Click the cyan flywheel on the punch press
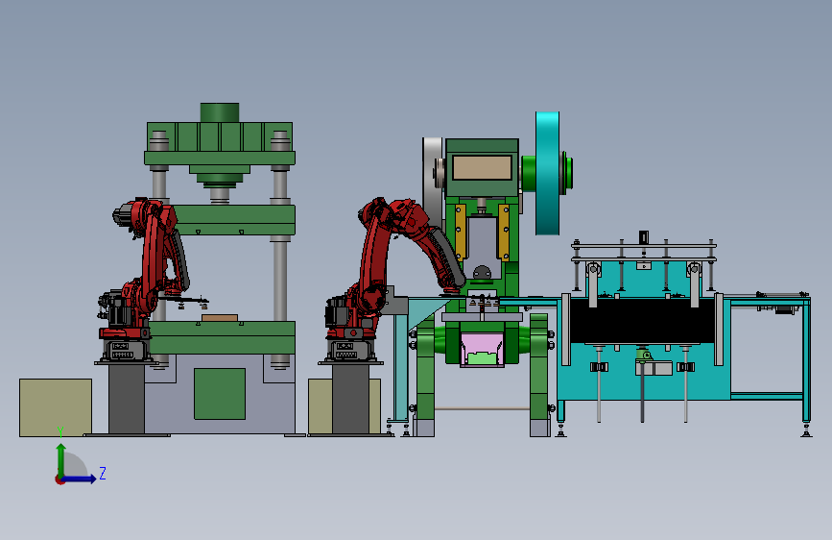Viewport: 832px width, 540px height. coord(547,173)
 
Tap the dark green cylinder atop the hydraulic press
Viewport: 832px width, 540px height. coord(220,112)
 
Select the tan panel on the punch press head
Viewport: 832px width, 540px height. coord(482,168)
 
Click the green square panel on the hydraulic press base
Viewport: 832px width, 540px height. coord(220,394)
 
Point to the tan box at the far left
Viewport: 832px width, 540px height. coord(56,407)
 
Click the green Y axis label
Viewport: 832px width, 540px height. coord(60,432)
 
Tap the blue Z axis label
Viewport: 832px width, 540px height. coord(103,473)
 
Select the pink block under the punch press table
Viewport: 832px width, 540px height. coord(482,350)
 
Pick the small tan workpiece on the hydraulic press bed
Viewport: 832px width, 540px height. coord(220,318)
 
